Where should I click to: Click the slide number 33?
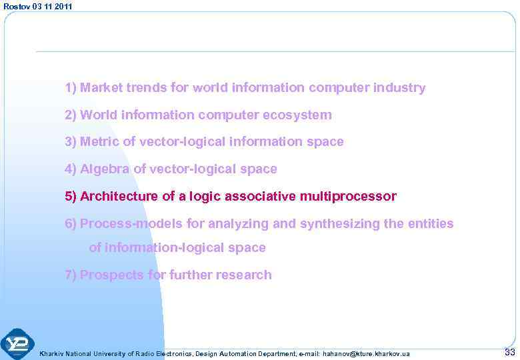tap(510, 352)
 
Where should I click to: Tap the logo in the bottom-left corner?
tap(17, 345)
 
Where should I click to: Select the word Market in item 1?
tap(99, 88)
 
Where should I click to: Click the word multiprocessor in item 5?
tap(348, 197)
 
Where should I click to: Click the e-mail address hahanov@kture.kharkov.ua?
tap(366, 353)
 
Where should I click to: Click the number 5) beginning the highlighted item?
tap(71, 197)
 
